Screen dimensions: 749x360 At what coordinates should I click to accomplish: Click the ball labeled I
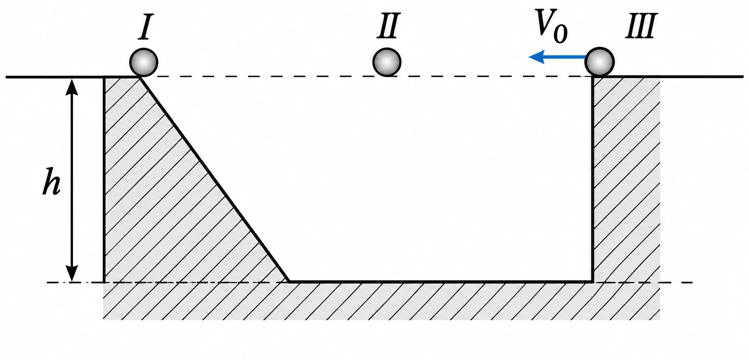144,63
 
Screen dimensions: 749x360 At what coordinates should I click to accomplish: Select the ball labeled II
387,62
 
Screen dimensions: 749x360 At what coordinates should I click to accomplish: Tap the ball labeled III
600,62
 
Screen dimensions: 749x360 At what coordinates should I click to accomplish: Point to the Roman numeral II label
388,26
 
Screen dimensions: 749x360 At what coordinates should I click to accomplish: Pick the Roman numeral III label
641,26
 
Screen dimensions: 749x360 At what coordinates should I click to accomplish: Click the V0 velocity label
551,26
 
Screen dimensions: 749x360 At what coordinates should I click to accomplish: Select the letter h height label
51,181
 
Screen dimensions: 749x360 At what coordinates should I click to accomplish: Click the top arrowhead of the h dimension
72,85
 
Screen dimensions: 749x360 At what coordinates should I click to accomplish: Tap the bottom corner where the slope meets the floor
289,282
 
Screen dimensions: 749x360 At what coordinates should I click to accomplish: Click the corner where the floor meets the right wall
593,282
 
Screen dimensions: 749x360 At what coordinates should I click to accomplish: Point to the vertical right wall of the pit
593,179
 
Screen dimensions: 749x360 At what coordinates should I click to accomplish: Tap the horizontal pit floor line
441,282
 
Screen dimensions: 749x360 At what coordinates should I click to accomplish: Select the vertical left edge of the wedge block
104,179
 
